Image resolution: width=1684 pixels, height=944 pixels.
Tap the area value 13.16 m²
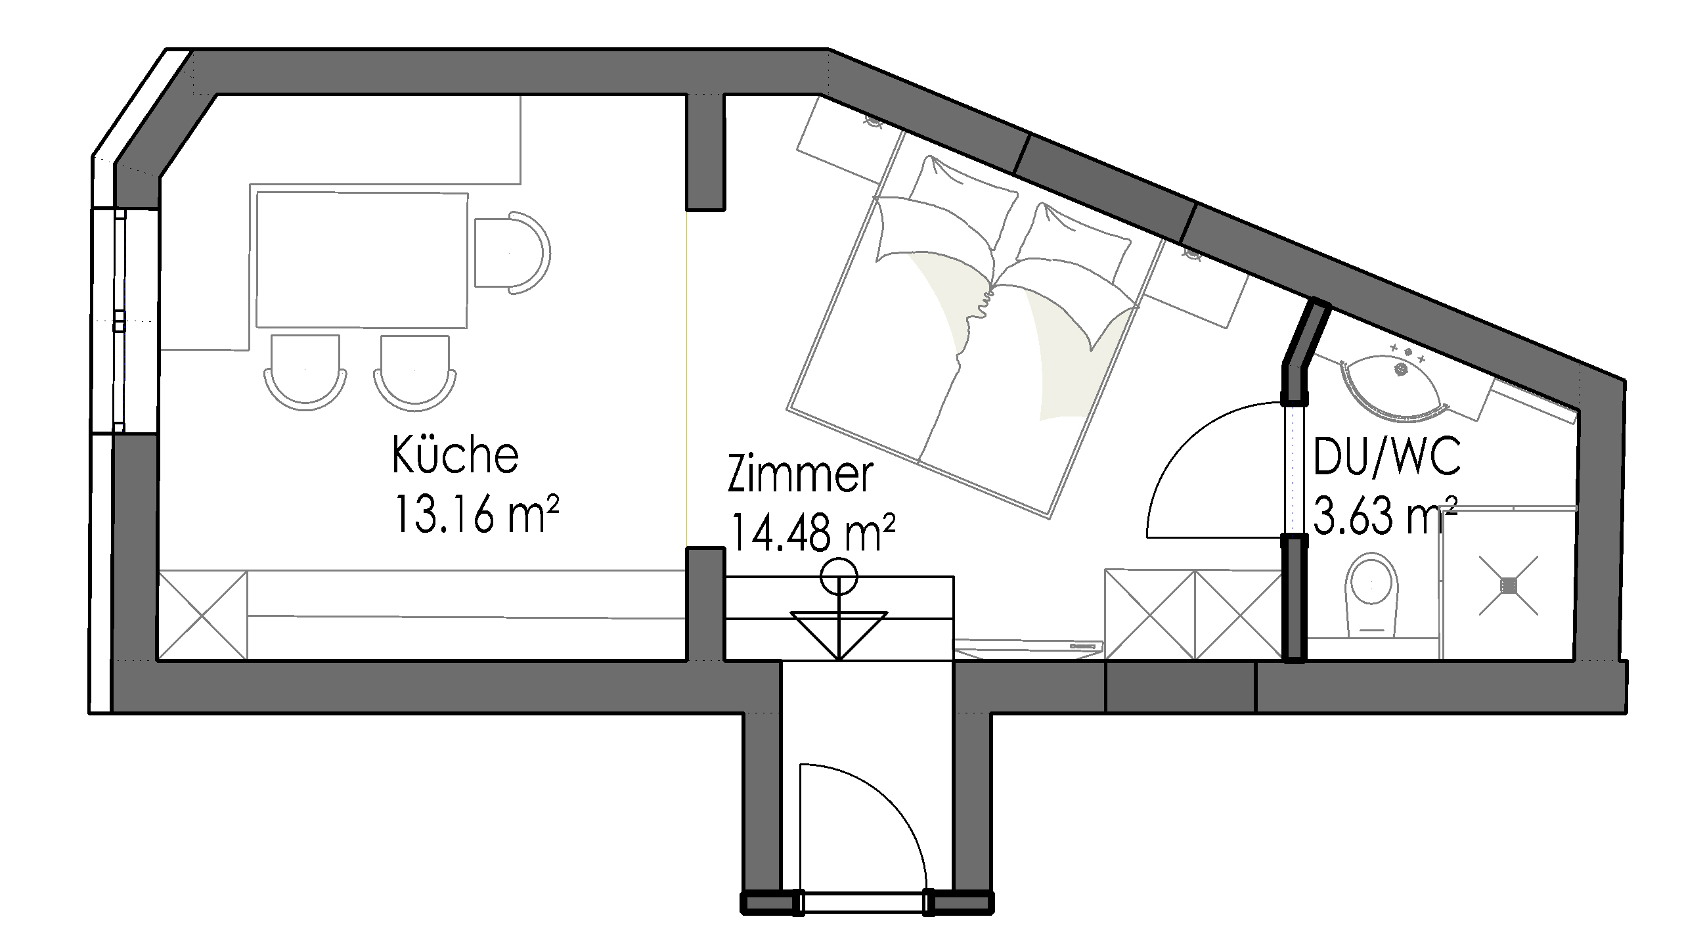(x=476, y=513)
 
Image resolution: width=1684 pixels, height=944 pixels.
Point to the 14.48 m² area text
(x=812, y=531)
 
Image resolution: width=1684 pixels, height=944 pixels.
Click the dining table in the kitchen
(x=362, y=260)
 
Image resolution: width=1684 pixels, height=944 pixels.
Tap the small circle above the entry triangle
(x=839, y=577)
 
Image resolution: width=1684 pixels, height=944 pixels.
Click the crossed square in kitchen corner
(x=203, y=615)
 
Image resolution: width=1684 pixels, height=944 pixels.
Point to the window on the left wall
(x=120, y=321)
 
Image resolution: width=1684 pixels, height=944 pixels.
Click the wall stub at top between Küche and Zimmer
(x=705, y=152)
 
